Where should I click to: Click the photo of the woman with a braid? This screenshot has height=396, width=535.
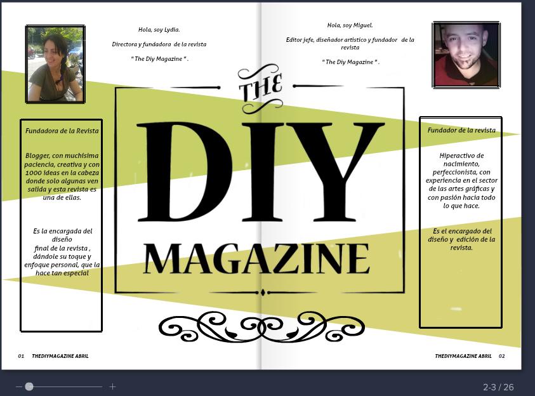(x=55, y=64)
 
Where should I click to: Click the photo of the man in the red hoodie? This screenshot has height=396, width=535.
(x=466, y=55)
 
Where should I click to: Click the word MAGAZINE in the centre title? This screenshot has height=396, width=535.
(x=256, y=258)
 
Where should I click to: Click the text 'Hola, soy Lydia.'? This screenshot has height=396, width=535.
(x=159, y=30)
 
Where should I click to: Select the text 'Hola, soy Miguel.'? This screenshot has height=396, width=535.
(x=350, y=25)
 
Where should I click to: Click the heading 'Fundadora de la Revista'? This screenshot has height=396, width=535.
(x=62, y=131)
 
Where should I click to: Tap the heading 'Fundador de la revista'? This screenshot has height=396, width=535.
(x=461, y=130)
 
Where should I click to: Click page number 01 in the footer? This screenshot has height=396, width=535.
(x=21, y=356)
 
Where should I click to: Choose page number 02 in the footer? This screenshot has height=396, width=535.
(x=501, y=356)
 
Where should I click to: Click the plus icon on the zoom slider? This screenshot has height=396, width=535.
(x=112, y=386)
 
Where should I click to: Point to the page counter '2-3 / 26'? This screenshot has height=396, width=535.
(x=498, y=387)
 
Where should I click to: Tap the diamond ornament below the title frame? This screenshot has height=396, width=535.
(x=262, y=293)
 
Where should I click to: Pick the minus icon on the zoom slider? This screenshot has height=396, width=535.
(x=19, y=386)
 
